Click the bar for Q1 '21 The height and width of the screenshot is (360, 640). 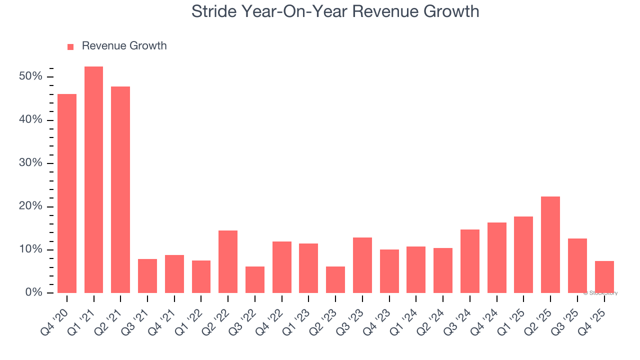93,179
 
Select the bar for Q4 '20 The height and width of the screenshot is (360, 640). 67,193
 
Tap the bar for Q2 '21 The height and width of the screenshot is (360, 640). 120,189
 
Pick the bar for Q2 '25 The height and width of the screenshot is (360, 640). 550,244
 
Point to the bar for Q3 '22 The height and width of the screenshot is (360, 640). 255,279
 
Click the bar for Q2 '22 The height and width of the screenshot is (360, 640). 228,261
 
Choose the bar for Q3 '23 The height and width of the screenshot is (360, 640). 362,265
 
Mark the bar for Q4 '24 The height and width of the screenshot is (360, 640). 496,257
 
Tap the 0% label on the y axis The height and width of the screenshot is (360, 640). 34,292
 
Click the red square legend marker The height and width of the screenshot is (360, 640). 70,46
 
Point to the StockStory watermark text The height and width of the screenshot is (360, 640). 600,293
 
